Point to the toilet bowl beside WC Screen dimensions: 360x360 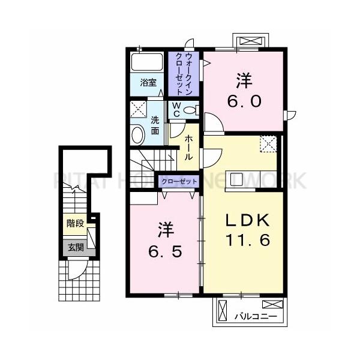pyautogui.click(x=190, y=110)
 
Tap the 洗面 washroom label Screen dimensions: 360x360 pyautogui.click(x=155, y=124)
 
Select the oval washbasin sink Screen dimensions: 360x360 pyautogui.click(x=137, y=133)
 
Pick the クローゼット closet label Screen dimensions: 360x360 pyautogui.click(x=179, y=180)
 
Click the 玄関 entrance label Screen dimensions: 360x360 pyautogui.click(x=75, y=246)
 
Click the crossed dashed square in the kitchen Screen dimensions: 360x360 pyautogui.click(x=268, y=144)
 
